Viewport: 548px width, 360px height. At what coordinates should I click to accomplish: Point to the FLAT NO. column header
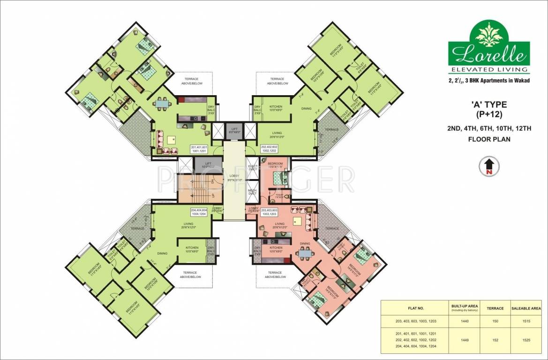pos(413,308)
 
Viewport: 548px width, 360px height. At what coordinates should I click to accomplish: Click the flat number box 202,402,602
pos(271,149)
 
